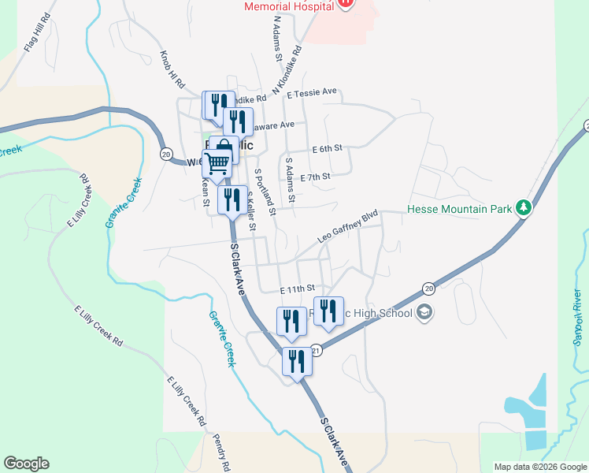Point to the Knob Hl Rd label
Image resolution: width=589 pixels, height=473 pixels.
172,70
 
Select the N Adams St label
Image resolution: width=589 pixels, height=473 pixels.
277,39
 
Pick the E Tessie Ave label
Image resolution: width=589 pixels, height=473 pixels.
312,92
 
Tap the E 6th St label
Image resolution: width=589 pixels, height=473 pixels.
328,148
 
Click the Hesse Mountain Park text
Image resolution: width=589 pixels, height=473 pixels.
460,210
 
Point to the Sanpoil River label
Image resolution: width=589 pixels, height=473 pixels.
577,315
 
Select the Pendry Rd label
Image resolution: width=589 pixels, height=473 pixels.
222,452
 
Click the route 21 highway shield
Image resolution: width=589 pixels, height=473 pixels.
316,350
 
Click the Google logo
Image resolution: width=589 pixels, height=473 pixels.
26,464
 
